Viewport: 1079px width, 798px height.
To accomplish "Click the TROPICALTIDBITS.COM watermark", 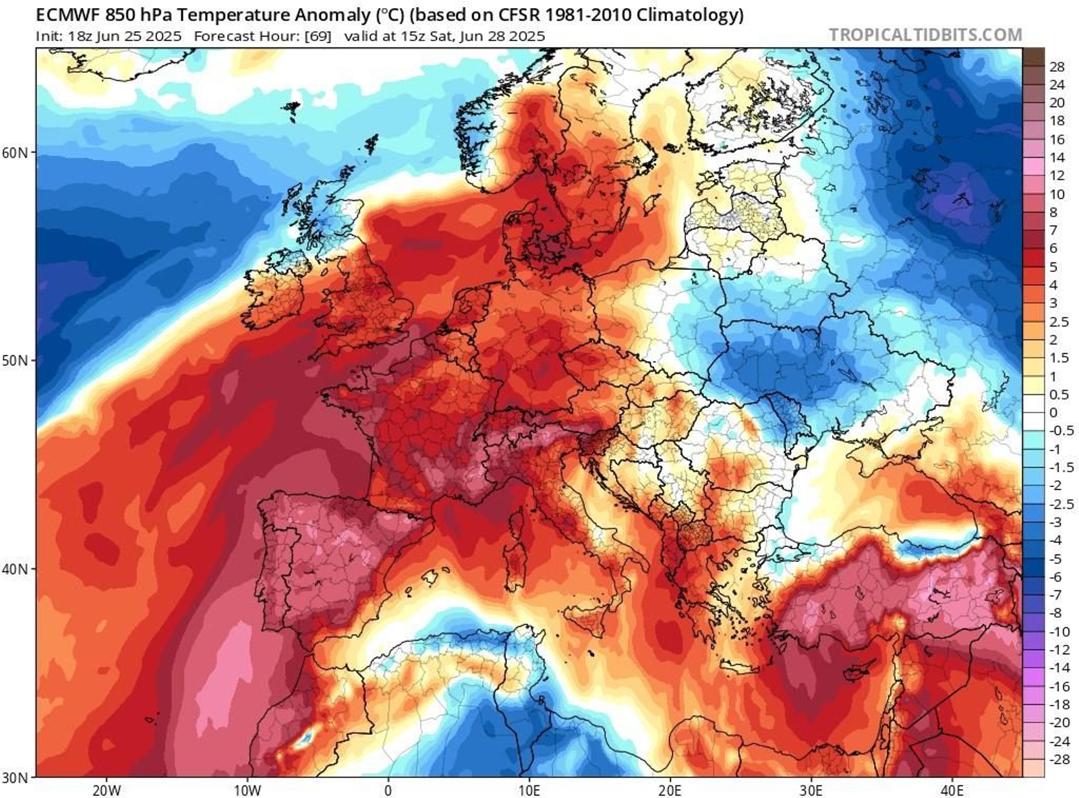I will [x=925, y=34].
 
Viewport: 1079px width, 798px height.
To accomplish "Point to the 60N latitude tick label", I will [x=16, y=152].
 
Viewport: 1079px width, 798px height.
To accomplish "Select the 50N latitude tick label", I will [x=16, y=360].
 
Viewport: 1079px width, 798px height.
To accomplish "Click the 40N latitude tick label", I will [x=16, y=569].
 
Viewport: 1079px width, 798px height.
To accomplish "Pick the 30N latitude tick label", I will [x=16, y=777].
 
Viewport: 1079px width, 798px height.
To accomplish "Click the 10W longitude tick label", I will [x=247, y=790].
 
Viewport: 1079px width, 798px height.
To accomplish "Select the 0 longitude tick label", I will [x=388, y=790].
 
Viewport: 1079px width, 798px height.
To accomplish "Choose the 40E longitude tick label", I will [x=952, y=790].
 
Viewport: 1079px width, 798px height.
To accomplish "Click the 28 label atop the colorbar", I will [x=1057, y=67].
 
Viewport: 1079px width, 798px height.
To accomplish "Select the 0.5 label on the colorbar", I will [x=1059, y=395].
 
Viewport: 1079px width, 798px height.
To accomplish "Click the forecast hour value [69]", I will [x=318, y=36].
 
